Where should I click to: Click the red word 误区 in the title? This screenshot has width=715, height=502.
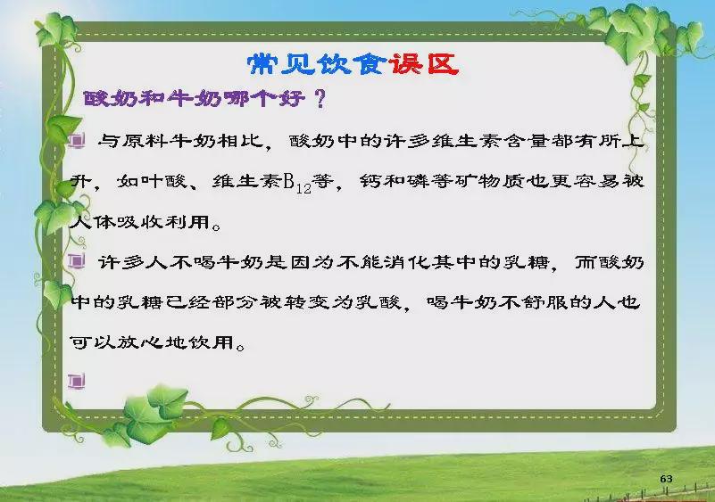pos(424,64)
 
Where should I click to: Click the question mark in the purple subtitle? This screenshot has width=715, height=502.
pos(320,99)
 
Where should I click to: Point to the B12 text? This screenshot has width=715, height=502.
pos(297,183)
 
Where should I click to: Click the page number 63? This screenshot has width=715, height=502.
pos(666,479)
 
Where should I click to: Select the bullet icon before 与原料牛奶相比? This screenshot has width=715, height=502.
pos(77,140)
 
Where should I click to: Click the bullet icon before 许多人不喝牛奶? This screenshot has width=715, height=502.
pos(77,261)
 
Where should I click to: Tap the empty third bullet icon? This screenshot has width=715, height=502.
pos(77,382)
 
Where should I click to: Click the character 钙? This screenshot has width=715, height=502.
pos(370,182)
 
